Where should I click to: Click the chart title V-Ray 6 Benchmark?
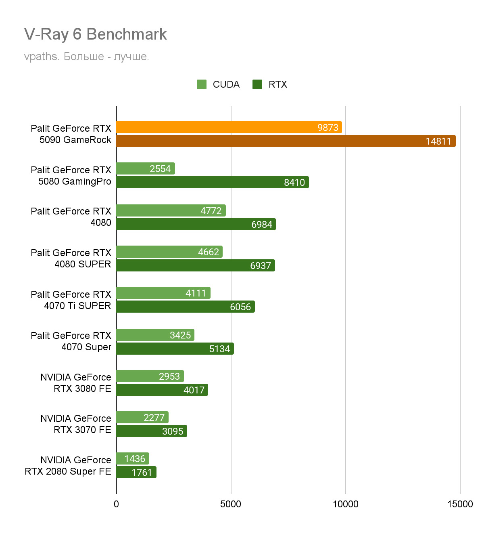click(95, 34)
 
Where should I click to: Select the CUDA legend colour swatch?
click(202, 84)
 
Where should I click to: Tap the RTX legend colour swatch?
click(257, 84)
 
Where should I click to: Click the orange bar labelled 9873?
click(229, 127)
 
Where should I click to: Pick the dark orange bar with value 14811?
click(286, 141)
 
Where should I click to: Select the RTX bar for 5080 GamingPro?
click(213, 182)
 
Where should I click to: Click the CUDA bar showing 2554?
click(146, 168)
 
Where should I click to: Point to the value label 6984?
click(262, 225)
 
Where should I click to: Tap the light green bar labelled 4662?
click(169, 252)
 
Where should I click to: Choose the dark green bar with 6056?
click(186, 307)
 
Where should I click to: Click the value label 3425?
click(180, 335)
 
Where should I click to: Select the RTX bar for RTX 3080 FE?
click(162, 390)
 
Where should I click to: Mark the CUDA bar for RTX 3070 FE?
click(142, 417)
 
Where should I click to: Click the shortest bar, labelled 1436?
click(133, 458)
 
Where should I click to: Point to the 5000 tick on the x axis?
click(231, 504)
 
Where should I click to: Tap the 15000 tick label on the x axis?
click(460, 504)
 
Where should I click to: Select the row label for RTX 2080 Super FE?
click(68, 466)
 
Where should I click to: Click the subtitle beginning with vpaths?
click(86, 57)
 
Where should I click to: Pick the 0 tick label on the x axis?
click(117, 504)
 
